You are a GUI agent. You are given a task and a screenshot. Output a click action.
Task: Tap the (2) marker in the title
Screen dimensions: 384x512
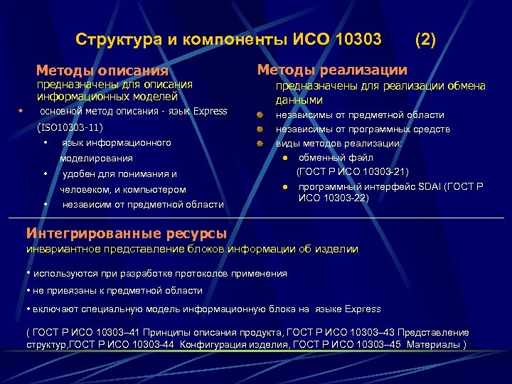(425, 38)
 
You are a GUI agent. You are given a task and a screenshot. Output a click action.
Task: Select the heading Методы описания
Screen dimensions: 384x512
(102, 70)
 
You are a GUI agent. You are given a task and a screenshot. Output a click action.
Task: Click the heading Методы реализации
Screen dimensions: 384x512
(332, 70)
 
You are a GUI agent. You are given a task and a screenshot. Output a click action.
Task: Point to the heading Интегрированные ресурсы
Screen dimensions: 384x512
(127, 233)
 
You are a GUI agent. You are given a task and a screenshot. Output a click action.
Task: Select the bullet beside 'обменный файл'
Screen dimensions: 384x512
(284, 158)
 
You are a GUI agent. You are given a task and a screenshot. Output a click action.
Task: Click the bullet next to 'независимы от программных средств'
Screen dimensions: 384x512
(261, 129)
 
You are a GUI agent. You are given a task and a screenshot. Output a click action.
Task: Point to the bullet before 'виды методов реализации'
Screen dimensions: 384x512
(261, 144)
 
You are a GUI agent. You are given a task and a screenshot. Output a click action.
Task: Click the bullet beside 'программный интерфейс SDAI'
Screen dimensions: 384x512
(284, 187)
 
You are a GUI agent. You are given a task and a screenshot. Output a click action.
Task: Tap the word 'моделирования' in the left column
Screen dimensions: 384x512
(96, 158)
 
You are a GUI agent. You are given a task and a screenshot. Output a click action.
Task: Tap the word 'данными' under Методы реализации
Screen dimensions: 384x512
(299, 100)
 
